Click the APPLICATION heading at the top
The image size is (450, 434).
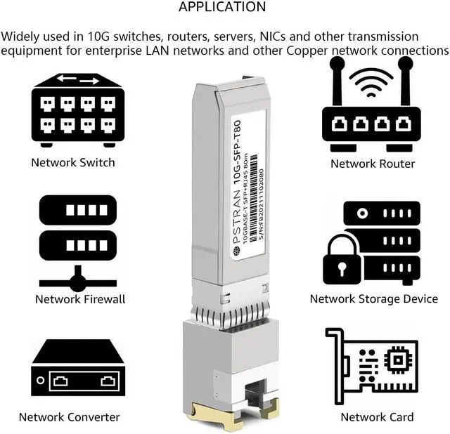(x=222, y=8)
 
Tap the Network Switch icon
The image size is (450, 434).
(x=77, y=110)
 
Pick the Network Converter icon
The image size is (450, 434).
(x=77, y=371)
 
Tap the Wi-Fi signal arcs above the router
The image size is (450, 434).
(x=371, y=79)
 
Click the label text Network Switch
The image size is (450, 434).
(x=73, y=162)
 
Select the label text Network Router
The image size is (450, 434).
(x=373, y=164)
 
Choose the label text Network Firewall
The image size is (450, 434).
(x=80, y=299)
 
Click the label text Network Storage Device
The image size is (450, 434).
(x=373, y=299)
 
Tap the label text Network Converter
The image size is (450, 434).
(x=69, y=417)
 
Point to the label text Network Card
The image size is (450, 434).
(x=377, y=417)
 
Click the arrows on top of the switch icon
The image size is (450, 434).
(x=77, y=80)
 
